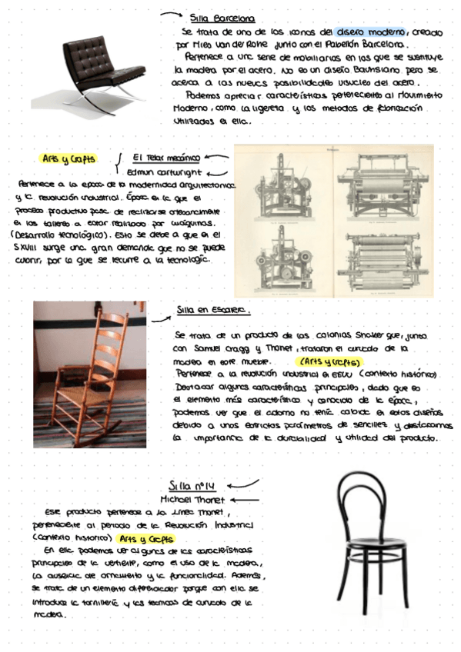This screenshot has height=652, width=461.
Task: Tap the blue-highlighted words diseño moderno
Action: (366, 32)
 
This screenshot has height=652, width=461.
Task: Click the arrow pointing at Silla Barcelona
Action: (170, 14)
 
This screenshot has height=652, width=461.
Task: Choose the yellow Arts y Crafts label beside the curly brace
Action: (68, 159)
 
